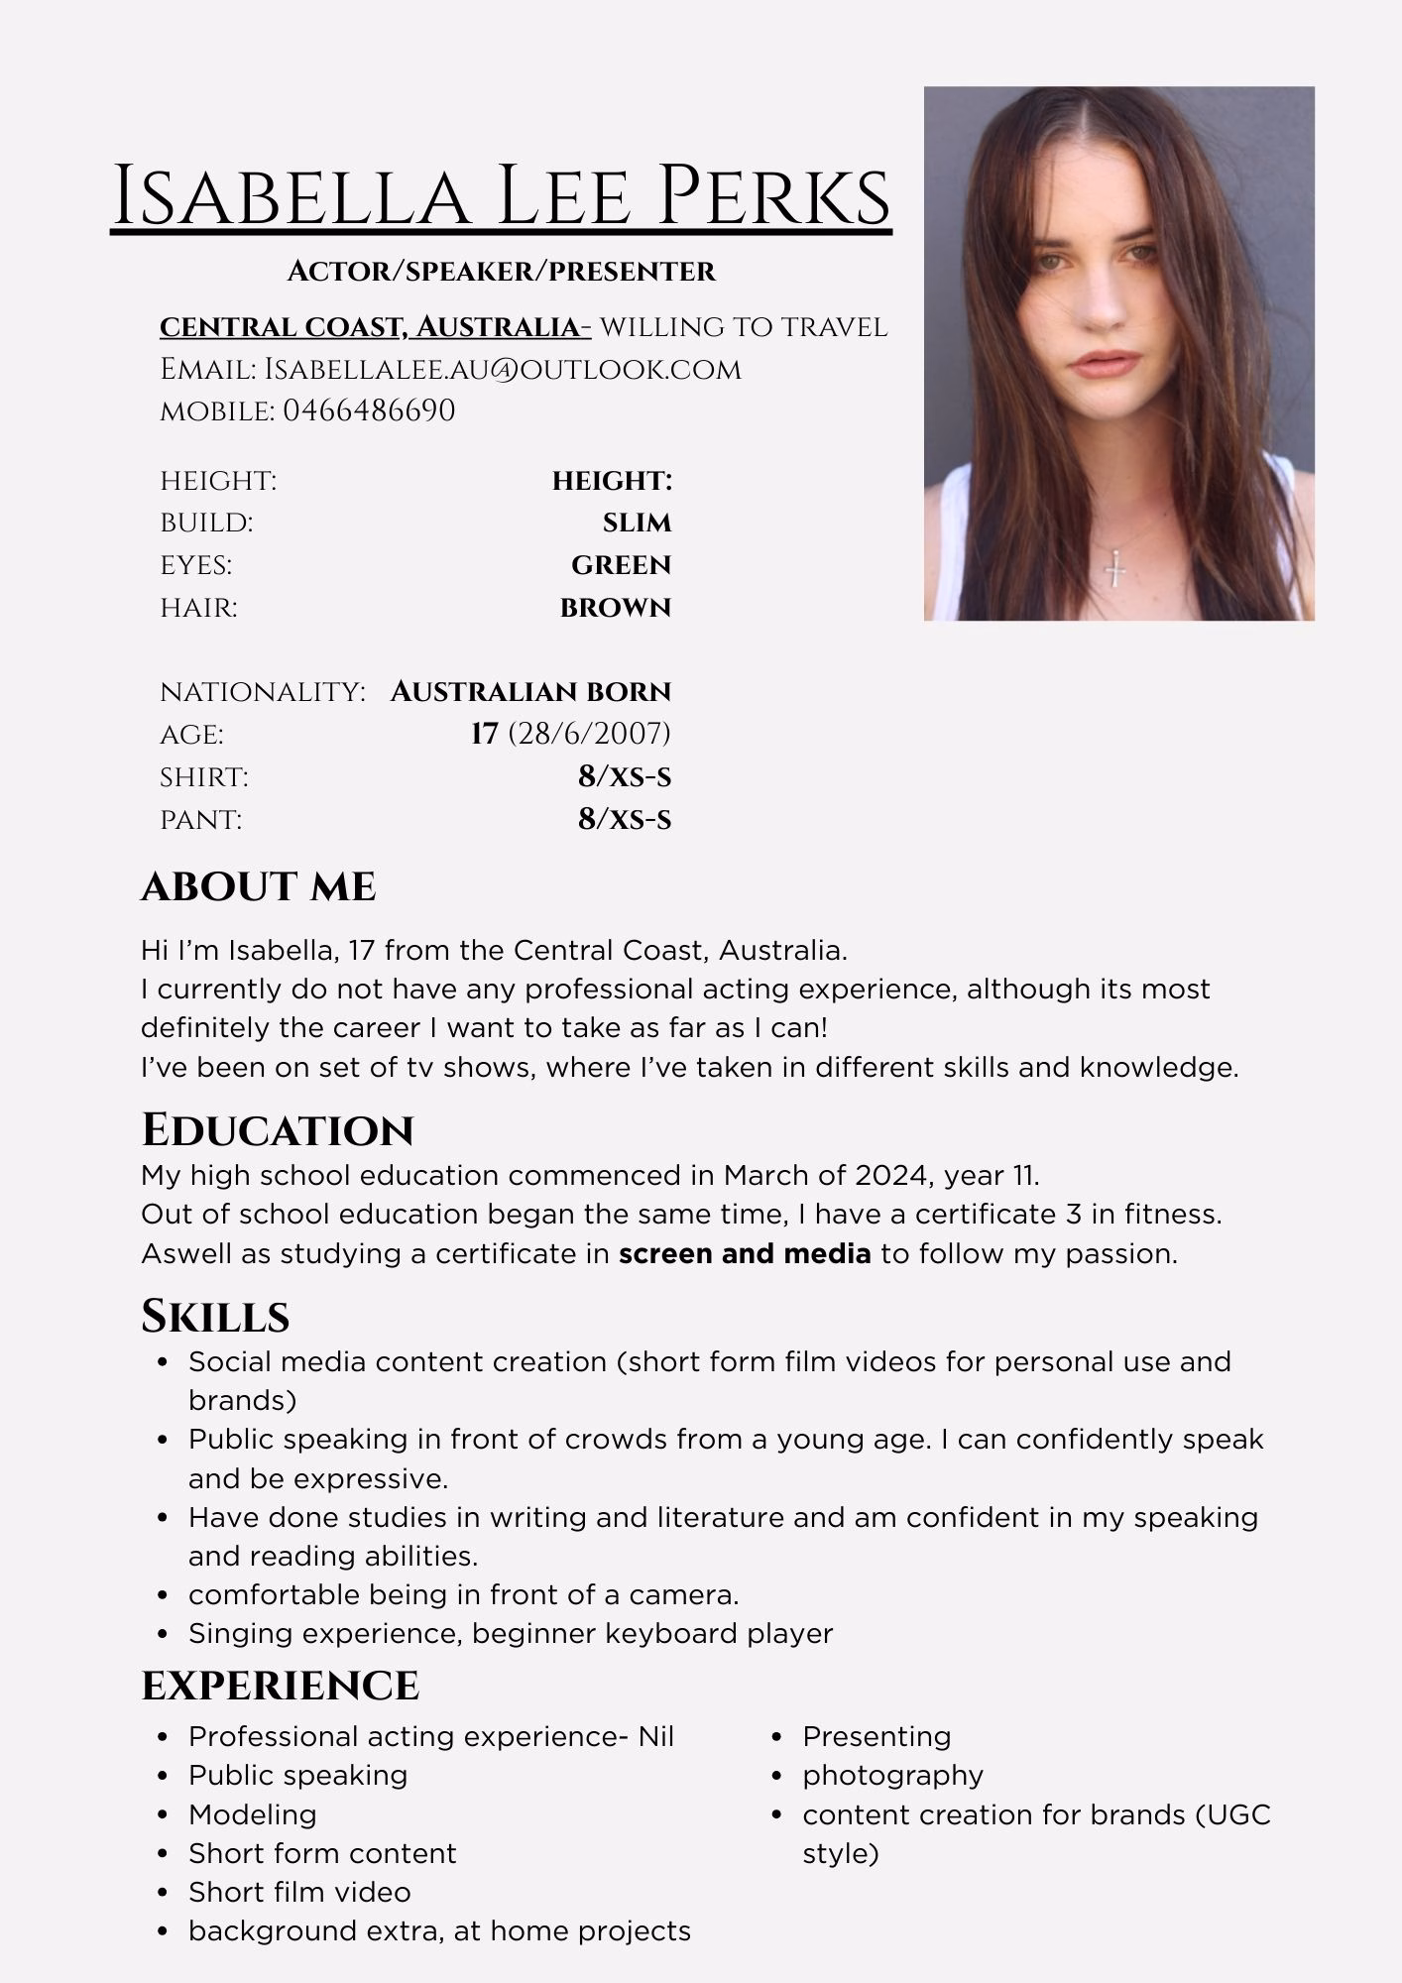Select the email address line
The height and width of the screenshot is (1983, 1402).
450,369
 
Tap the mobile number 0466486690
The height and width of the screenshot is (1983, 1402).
369,410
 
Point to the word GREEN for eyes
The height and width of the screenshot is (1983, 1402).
621,565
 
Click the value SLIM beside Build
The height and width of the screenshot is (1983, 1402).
637,523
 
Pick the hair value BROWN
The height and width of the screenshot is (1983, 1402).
616,608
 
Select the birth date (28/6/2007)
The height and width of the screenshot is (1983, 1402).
589,734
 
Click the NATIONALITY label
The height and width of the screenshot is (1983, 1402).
263,691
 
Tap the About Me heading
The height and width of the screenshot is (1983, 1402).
259,886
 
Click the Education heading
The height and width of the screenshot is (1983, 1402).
278,1130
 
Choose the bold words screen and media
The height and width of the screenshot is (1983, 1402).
745,1254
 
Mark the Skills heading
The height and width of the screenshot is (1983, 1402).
215,1317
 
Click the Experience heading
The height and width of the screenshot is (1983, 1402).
281,1686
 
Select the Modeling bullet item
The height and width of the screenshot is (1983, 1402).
253,1814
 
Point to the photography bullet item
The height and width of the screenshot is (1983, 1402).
892,1775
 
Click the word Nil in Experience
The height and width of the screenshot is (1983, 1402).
655,1736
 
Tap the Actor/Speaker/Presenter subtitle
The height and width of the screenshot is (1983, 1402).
501,271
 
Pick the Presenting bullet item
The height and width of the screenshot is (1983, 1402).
876,1736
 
